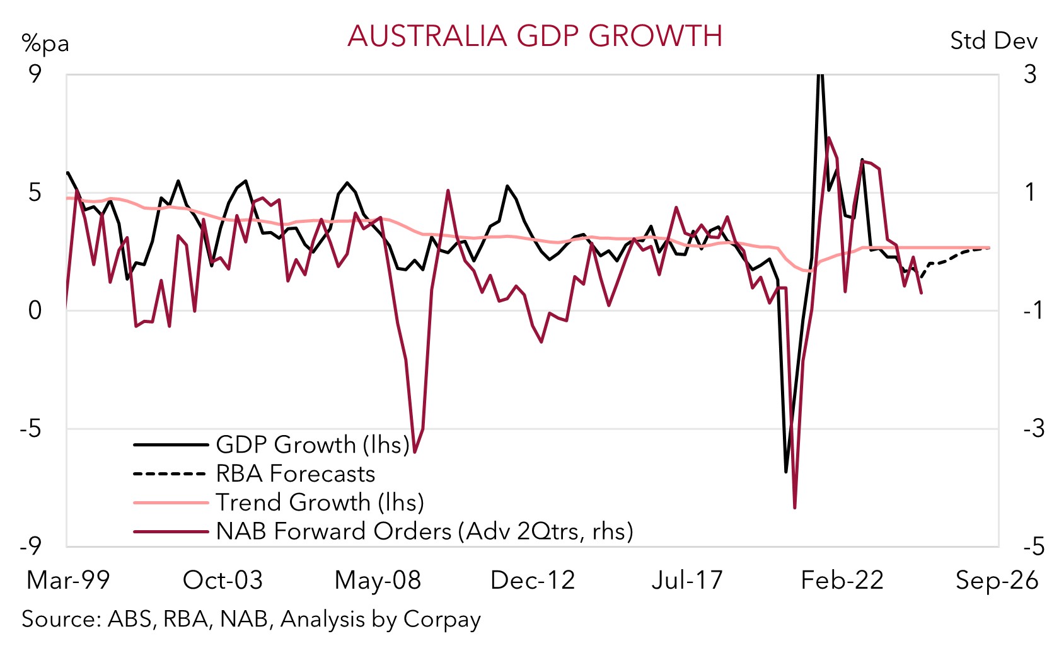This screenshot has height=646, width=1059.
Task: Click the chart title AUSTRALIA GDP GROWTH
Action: pyautogui.click(x=535, y=36)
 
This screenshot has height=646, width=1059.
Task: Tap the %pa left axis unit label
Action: pyautogui.click(x=45, y=43)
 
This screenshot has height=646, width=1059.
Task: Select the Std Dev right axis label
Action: pyautogui.click(x=993, y=41)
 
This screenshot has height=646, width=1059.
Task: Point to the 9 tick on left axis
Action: pyautogui.click(x=35, y=74)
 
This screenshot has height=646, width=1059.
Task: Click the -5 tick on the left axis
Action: pyautogui.click(x=30, y=429)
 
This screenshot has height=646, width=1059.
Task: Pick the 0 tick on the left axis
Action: pyautogui.click(x=35, y=310)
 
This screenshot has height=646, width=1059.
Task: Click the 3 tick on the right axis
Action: pyautogui.click(x=1030, y=74)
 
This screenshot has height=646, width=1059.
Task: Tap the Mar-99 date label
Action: pyautogui.click(x=68, y=580)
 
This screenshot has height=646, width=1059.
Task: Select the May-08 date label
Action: pyautogui.click(x=378, y=580)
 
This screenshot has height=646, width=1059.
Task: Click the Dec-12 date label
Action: pyautogui.click(x=533, y=580)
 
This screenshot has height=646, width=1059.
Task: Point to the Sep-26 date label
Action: pyautogui.click(x=997, y=580)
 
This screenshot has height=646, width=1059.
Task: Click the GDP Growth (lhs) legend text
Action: pyautogui.click(x=313, y=445)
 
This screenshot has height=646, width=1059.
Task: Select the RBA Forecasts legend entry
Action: pyautogui.click(x=295, y=473)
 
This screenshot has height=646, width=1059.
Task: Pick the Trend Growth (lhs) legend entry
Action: pyautogui.click(x=320, y=502)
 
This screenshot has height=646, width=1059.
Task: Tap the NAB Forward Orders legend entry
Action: pyautogui.click(x=424, y=531)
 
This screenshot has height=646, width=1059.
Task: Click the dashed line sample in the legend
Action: pyautogui.click(x=170, y=473)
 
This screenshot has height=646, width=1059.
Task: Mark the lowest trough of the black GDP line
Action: pyautogui.click(x=786, y=471)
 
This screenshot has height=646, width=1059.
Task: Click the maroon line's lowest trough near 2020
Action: pyautogui.click(x=795, y=507)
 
